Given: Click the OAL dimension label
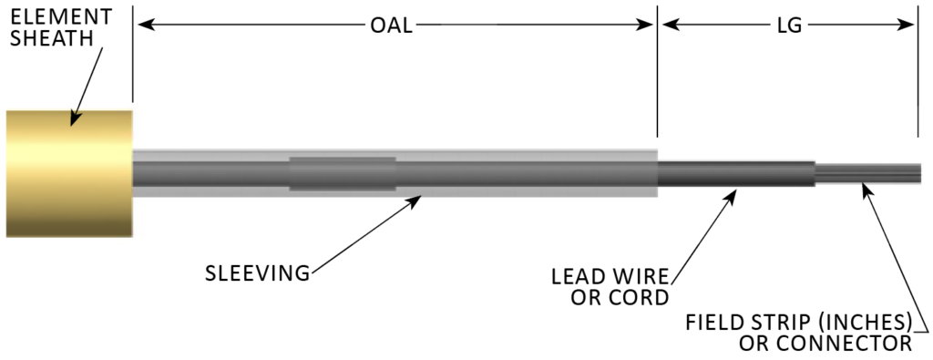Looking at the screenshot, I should click(391, 26).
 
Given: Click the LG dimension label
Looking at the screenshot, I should click(789, 26).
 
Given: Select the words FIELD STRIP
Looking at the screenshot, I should click(741, 322).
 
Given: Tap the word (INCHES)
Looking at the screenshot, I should click(863, 322).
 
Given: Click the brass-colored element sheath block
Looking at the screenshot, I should click(69, 173).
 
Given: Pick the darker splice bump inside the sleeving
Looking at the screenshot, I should click(343, 173).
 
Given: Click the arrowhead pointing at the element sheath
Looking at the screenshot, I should click(74, 118).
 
